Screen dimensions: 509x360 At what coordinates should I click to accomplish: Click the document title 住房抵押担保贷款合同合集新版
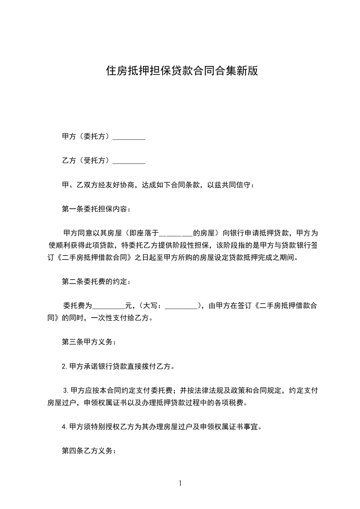[182, 71]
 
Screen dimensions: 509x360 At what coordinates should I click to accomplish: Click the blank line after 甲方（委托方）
[128, 137]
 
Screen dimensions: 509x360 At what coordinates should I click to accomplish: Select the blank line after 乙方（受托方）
[128, 161]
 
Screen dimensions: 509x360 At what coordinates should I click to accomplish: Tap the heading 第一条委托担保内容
[96, 209]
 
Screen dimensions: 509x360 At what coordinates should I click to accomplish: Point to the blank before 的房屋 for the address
[176, 234]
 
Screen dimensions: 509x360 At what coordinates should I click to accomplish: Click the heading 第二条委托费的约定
[96, 282]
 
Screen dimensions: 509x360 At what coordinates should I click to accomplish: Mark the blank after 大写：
[181, 306]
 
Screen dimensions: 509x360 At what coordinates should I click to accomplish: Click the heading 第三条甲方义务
[89, 342]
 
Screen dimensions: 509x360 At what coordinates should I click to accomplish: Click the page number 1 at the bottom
[180, 483]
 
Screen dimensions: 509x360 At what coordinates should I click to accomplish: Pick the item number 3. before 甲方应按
[66, 390]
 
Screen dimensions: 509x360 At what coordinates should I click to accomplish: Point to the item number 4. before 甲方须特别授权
[65, 426]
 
